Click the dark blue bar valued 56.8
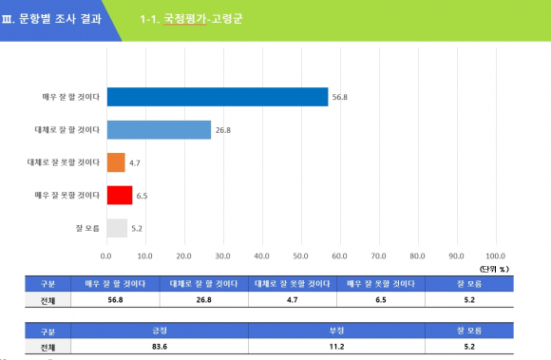point(218,97)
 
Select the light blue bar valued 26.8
point(160,130)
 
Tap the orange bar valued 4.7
point(116,162)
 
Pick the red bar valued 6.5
point(120,196)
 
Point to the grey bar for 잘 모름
point(118,228)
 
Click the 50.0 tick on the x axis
point(301,256)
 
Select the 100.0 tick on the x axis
point(496,256)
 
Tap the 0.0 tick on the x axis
point(105,256)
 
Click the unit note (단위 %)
point(494,269)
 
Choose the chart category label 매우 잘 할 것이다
point(71,97)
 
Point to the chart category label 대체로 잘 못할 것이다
point(64,162)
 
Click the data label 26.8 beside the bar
point(223,130)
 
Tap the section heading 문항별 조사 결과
point(60,19)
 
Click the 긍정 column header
point(160,331)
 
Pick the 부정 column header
point(336,331)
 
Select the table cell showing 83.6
point(160,347)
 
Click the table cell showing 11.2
point(336,347)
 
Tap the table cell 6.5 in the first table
point(381,300)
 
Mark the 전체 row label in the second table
point(47,348)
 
